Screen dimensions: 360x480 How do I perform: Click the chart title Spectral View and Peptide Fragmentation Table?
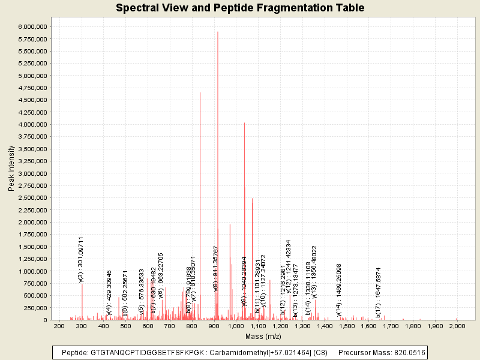240,8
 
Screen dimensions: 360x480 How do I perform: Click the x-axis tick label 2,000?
457,326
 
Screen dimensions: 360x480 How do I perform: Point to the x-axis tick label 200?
59,326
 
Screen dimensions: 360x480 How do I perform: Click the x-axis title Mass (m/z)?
258,337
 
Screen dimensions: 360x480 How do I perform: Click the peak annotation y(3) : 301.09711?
81,259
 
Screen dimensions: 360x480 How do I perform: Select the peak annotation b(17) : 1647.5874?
379,292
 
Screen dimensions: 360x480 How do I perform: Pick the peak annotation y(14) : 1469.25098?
339,290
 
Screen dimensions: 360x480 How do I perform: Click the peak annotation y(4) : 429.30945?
109,292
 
